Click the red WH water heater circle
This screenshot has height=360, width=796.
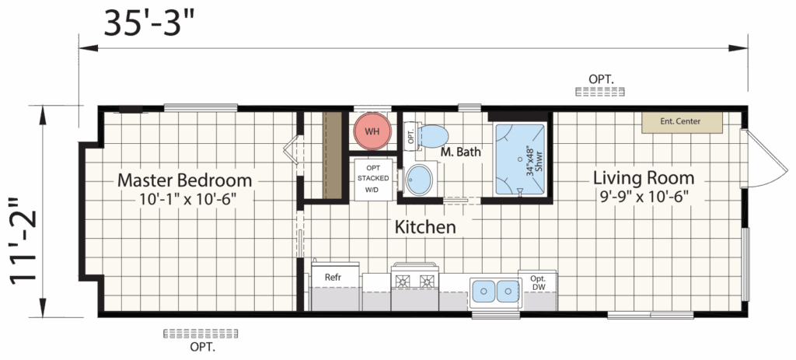pyautogui.click(x=372, y=131)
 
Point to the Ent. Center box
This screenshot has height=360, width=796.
pyautogui.click(x=682, y=122)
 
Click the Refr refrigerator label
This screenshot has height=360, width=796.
pyautogui.click(x=333, y=278)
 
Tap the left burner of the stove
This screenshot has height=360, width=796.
pyautogui.click(x=403, y=280)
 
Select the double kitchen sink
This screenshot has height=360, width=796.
pyautogui.click(x=495, y=292)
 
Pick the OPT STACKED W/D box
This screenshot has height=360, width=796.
pyautogui.click(x=373, y=180)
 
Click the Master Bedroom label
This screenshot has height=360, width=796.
pyautogui.click(x=185, y=180)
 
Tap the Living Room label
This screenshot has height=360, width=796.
pyautogui.click(x=644, y=178)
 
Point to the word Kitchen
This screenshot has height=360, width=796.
pyautogui.click(x=425, y=227)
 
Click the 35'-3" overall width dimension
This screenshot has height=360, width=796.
pyautogui.click(x=149, y=23)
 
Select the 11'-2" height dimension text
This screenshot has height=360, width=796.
pyautogui.click(x=24, y=239)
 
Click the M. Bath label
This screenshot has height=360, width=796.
pyautogui.click(x=460, y=152)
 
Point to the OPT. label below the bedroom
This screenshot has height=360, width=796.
pyautogui.click(x=203, y=348)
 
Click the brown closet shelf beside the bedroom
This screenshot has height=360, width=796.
pyautogui.click(x=333, y=156)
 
